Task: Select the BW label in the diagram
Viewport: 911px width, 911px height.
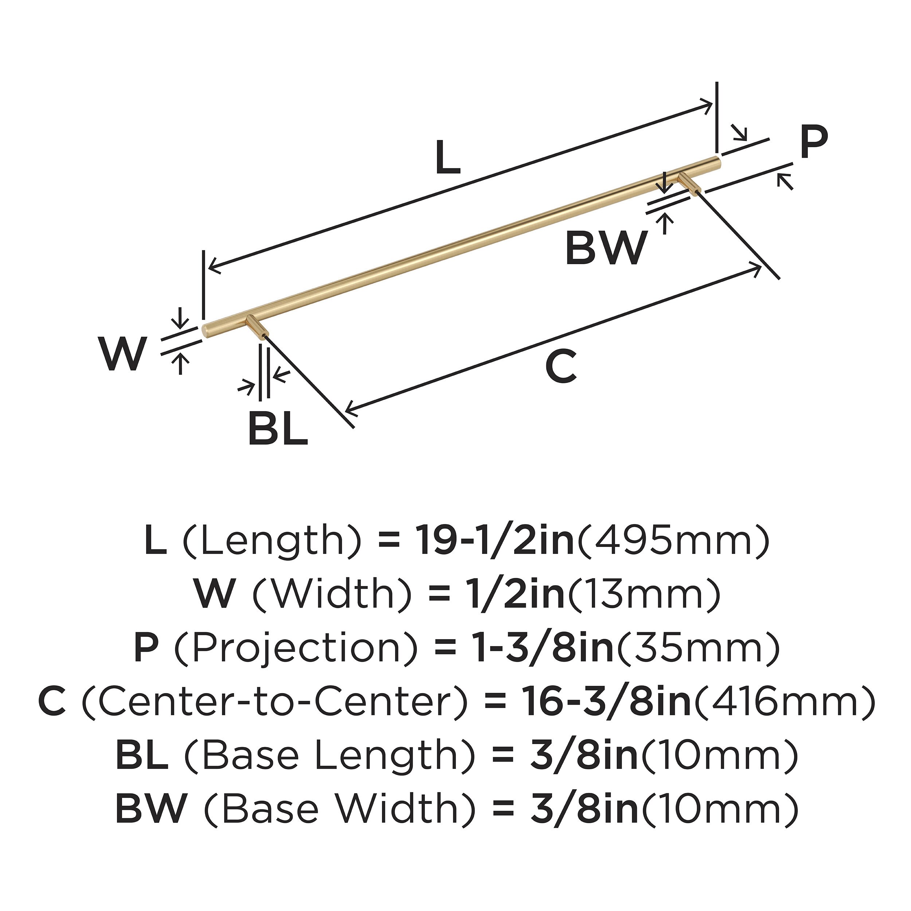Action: (605, 249)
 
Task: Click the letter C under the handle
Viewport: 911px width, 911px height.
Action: (561, 366)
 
